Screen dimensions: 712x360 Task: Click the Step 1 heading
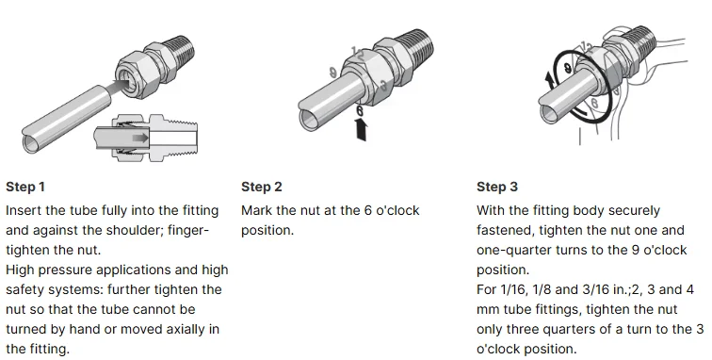coord(25,187)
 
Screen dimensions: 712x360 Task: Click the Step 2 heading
coord(262,187)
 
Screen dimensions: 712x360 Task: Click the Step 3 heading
coord(497,187)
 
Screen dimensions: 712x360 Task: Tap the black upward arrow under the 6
coord(362,129)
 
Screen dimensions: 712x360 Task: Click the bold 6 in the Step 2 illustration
coord(360,110)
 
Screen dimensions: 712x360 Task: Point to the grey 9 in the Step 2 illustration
coord(332,73)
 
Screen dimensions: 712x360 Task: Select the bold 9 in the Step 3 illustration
coord(568,69)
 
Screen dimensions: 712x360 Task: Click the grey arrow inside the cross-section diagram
coord(139,138)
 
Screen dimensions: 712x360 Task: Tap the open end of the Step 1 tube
coord(32,143)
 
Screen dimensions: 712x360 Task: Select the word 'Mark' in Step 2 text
coord(256,210)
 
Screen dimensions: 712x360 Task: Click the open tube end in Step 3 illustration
coord(548,113)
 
